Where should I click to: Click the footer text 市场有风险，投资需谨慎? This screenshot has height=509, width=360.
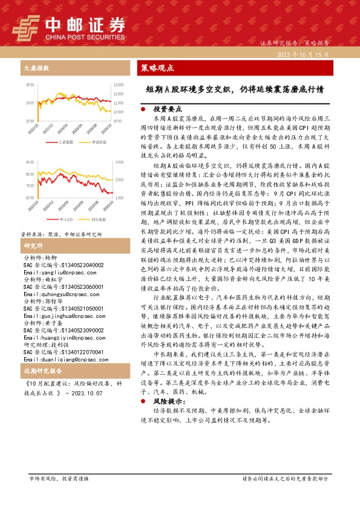(59, 478)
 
